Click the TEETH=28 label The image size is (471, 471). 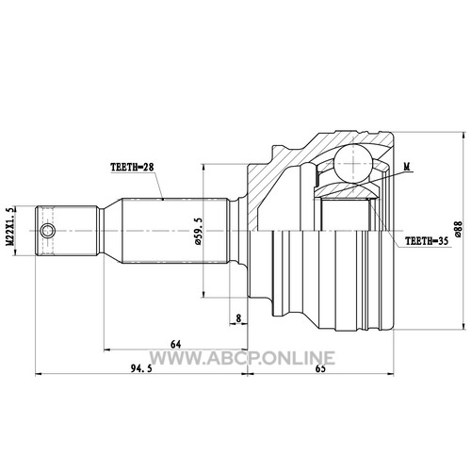coord(132,168)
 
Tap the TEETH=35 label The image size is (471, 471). coord(427,241)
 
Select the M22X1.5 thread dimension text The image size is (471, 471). coord(11,226)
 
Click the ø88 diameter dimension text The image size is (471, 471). coord(459,229)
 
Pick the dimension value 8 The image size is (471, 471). coord(238,318)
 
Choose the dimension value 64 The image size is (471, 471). coord(176,345)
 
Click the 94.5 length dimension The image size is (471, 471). coord(141,368)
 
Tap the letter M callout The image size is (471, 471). coord(407,167)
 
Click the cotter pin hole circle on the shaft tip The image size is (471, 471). coord(48,231)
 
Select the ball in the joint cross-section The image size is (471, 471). coord(353,164)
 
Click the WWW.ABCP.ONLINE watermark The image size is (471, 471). coord(242,358)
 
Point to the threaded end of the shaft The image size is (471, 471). coord(67,231)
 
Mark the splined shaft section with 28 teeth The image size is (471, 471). coord(175,231)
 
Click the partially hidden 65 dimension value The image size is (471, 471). coord(320,368)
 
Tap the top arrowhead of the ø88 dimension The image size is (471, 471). coord(463,136)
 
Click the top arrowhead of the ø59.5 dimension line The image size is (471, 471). coord(204,167)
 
